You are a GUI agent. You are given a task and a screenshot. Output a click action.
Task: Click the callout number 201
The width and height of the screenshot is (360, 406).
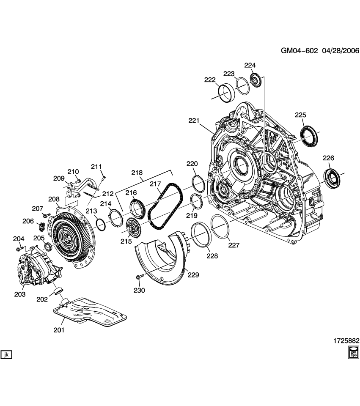coord(59,330)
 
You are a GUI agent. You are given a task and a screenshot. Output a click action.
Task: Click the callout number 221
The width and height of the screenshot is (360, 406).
coord(193,121)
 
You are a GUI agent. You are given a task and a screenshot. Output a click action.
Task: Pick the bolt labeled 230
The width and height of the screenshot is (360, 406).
coord(140,277)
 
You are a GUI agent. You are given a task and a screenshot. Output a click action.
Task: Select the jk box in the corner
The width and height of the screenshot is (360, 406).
coord(6,354)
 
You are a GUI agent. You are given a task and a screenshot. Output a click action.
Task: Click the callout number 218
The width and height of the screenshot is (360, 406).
coord(137,173)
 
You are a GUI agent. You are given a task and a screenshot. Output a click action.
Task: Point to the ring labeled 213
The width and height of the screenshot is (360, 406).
coord(101,224)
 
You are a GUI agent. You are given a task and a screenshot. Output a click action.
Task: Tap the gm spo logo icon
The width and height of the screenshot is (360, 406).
coord(353,352)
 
